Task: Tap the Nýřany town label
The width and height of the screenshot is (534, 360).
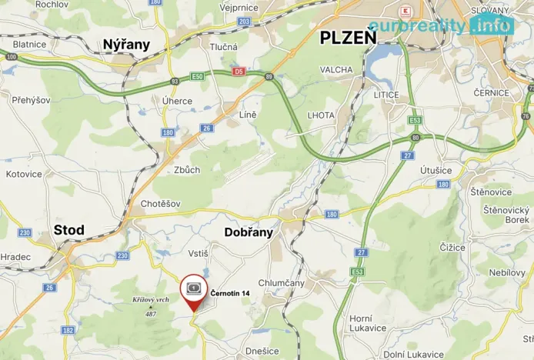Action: [126, 45]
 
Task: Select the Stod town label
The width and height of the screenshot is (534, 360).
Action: [69, 230]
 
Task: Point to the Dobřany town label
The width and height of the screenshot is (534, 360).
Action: [249, 232]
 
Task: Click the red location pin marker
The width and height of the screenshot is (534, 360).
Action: [194, 292]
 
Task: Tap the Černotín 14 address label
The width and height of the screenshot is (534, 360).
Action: [230, 293]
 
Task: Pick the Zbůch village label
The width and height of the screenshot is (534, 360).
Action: [187, 170]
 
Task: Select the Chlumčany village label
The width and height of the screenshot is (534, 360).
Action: [282, 282]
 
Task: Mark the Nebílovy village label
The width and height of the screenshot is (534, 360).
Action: [506, 273]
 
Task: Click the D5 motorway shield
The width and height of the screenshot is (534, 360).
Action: [239, 72]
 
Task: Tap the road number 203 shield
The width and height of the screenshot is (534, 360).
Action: [244, 22]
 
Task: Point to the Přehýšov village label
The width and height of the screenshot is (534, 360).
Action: [31, 100]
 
